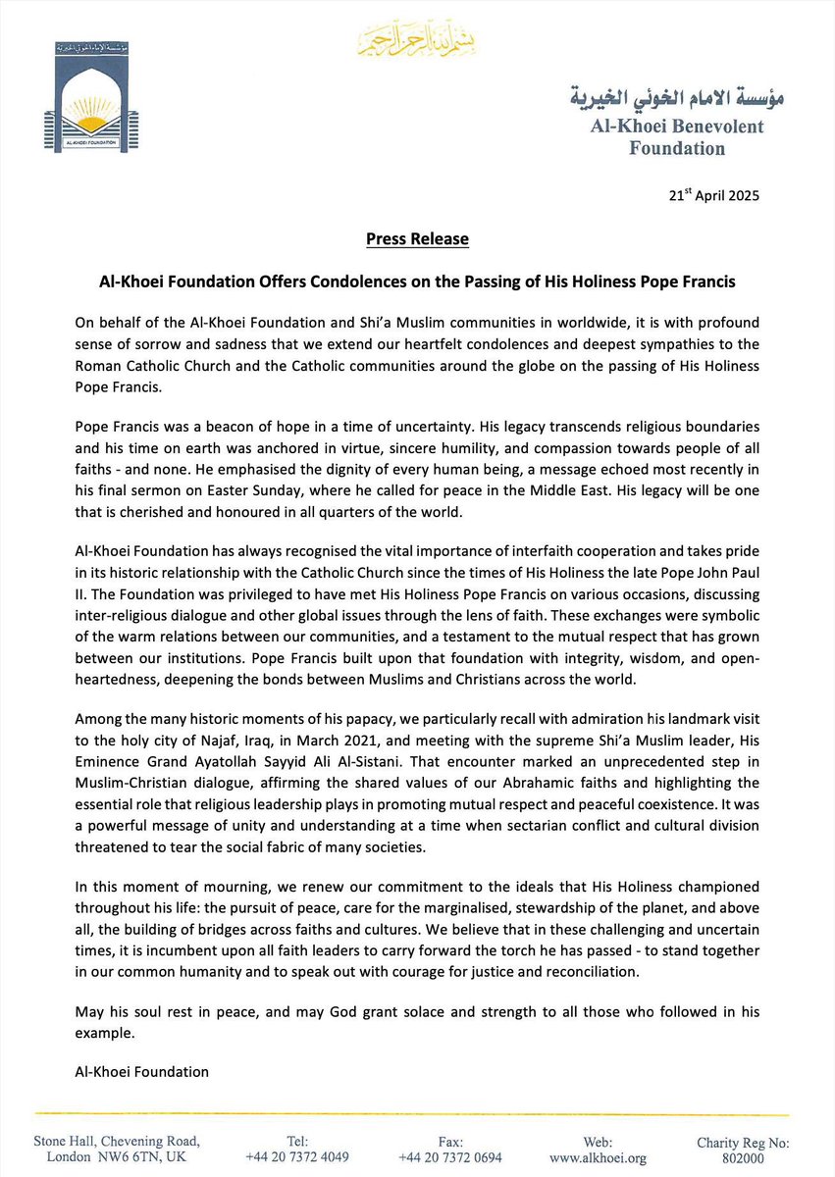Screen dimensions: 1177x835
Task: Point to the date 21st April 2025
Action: click(712, 195)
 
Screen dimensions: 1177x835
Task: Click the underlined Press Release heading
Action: click(417, 239)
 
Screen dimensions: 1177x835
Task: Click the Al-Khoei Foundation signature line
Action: click(128, 1072)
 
